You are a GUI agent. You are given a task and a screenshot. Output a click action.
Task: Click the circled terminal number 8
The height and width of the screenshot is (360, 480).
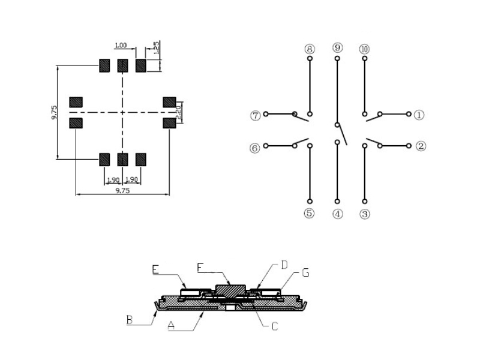(x=310, y=49)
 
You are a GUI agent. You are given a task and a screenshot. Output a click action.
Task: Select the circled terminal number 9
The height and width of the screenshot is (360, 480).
(x=338, y=47)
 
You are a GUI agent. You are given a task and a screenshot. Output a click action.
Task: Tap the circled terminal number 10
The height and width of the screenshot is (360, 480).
(x=365, y=49)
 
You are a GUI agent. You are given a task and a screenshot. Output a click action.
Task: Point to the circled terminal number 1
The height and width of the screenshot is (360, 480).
(x=419, y=114)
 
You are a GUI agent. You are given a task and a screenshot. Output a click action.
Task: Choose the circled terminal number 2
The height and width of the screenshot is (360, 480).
(x=420, y=146)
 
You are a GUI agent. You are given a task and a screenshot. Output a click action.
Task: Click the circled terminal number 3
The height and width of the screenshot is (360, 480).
(x=365, y=213)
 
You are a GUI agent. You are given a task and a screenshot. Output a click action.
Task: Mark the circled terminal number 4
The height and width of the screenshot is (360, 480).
(x=338, y=213)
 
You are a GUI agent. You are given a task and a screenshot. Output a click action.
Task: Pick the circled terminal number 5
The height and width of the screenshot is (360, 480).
(x=310, y=213)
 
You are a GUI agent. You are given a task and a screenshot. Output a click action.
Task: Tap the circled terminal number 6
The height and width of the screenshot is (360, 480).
(x=255, y=146)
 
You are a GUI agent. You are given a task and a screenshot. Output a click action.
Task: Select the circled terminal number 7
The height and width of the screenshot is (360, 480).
(x=255, y=115)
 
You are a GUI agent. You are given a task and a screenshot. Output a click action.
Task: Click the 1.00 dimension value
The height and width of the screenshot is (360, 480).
(x=121, y=46)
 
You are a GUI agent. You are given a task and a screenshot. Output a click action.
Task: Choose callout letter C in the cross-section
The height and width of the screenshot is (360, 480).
(x=274, y=326)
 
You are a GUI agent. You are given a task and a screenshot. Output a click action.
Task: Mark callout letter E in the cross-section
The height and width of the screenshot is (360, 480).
(x=155, y=271)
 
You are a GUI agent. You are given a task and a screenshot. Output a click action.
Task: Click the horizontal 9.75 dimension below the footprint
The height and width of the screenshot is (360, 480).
(x=122, y=190)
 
